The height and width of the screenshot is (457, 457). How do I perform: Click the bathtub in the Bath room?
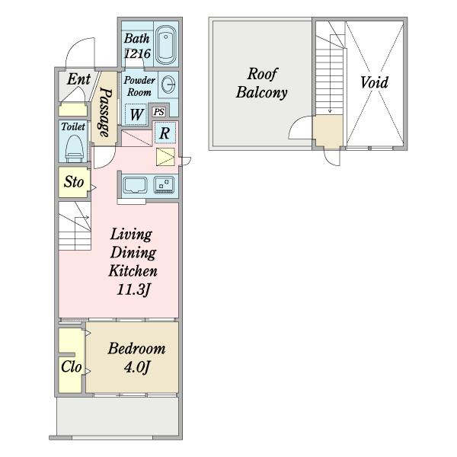coord(165,45)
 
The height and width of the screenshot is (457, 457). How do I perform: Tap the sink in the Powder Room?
coord(168,85)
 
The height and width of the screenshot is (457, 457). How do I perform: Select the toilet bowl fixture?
coord(73,149)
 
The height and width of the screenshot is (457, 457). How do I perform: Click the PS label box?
coord(159,112)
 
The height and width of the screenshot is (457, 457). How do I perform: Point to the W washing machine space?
coord(136,114)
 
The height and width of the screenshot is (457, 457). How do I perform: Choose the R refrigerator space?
coord(165,133)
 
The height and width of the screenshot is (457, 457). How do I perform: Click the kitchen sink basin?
coord(135,185)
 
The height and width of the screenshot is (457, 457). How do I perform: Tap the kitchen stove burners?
coord(165,185)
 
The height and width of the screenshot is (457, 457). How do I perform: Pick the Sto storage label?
coord(74,182)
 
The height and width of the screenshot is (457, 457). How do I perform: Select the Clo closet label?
coord(71,366)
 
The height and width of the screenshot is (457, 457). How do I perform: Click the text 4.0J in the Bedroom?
coord(136,367)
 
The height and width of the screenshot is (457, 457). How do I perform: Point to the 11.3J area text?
coord(133,289)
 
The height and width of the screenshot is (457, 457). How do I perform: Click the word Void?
coord(374,82)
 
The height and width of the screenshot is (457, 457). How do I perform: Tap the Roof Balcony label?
coord(262,83)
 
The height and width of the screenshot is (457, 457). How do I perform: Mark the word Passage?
coord(105,112)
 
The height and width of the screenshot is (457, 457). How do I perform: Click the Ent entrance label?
coord(78,79)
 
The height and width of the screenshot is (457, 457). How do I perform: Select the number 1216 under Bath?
coord(137,53)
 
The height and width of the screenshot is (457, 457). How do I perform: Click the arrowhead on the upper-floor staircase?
coord(330,111)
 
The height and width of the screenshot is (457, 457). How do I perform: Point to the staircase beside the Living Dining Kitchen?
coord(75,226)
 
